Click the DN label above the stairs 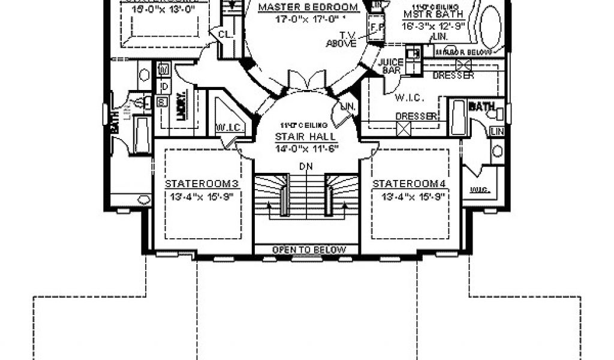[x=306, y=166]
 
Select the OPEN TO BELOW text [x=309, y=250]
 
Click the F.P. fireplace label [x=377, y=27]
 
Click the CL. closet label [x=224, y=34]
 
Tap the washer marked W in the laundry [x=162, y=71]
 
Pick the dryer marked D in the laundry [x=162, y=88]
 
